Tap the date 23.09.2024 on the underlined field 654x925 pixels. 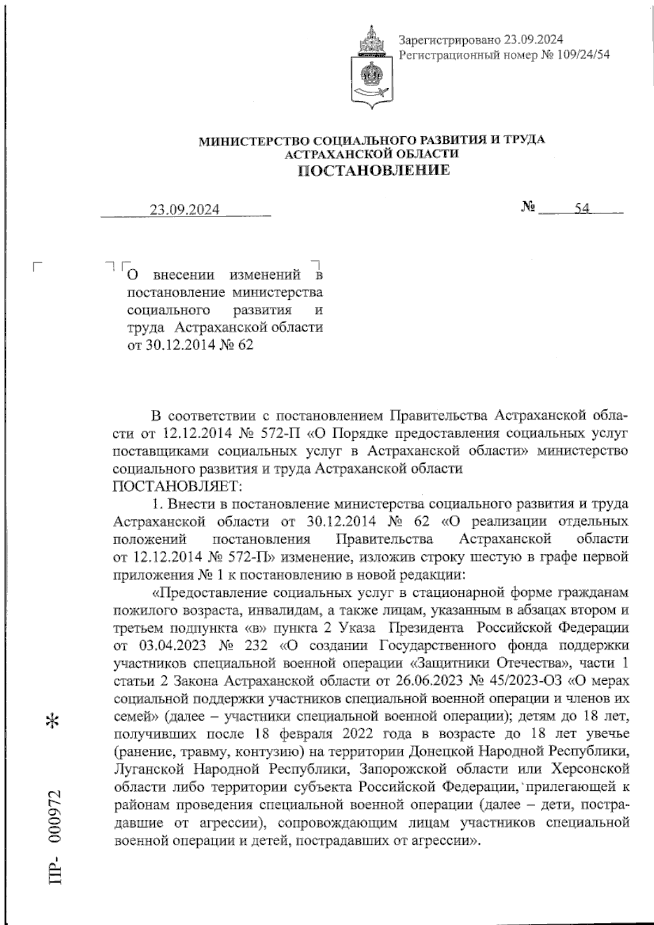pyautogui.click(x=185, y=210)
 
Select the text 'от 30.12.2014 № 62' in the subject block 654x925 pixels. pyautogui.click(x=190, y=345)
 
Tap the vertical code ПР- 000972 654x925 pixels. pyautogui.click(x=55, y=834)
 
